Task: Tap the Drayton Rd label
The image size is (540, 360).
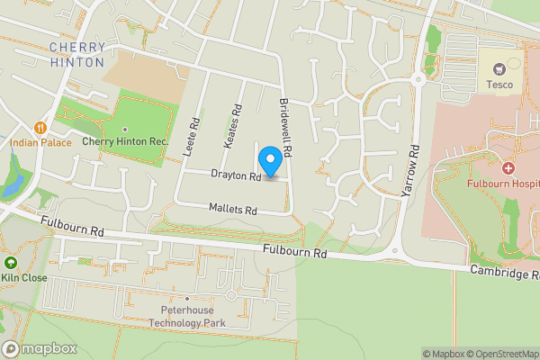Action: (x=236, y=175)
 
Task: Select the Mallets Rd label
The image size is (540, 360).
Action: (x=233, y=211)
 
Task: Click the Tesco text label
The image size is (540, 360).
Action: (x=499, y=85)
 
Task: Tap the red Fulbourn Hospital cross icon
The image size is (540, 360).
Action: (x=508, y=168)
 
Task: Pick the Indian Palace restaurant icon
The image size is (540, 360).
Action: (x=40, y=127)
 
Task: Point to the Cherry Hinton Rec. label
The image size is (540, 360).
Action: (x=125, y=141)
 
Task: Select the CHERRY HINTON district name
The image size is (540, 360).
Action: (x=78, y=54)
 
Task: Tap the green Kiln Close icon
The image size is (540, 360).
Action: (x=10, y=263)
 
